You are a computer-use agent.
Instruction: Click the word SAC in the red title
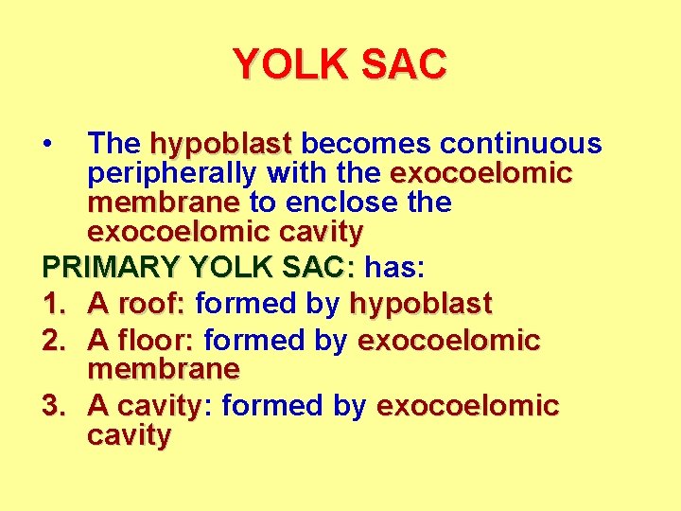[403, 65]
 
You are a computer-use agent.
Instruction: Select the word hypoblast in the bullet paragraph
[220, 145]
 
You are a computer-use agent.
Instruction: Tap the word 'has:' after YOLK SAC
[395, 268]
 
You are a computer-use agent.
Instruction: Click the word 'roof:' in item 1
[153, 304]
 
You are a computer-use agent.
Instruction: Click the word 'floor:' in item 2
[160, 340]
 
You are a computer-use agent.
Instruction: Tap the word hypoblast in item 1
[421, 304]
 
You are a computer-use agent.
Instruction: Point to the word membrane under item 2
[163, 367]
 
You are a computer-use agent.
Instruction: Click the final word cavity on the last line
[129, 436]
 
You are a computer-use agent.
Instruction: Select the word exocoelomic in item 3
[467, 406]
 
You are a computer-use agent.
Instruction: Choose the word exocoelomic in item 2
[448, 340]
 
